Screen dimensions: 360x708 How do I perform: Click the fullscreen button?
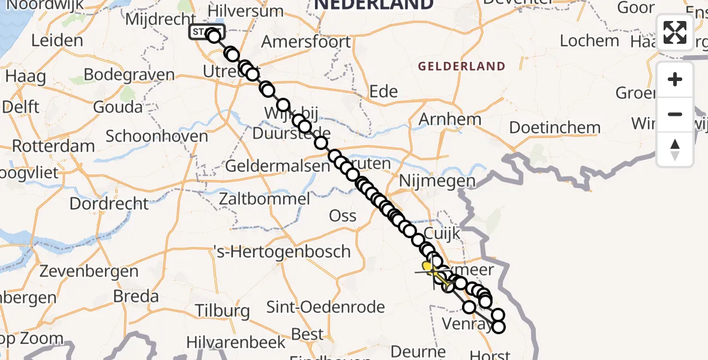675,32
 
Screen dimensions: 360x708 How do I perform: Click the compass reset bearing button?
675,149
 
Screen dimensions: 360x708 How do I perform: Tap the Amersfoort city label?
306,42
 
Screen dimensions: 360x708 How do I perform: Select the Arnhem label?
450,119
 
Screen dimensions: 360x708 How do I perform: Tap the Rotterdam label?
53,146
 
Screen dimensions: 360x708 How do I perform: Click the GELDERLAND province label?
462,66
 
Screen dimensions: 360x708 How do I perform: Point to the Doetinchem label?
554,128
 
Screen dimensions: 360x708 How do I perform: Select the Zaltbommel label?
265,199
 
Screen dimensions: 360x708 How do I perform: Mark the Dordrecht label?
109,203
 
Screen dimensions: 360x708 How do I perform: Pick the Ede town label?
383,91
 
